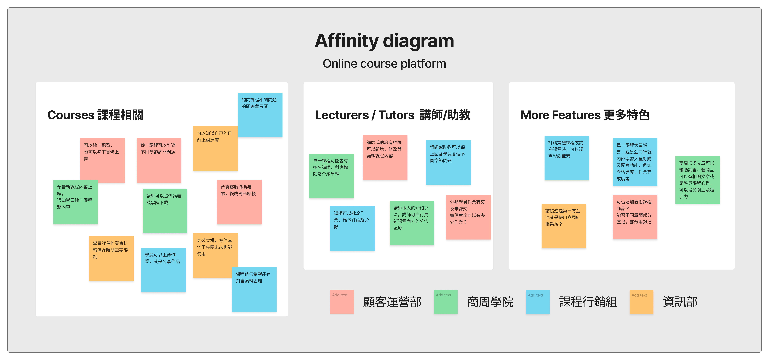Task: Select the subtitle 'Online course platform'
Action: coord(384,64)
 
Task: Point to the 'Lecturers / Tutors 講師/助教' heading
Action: coord(393,115)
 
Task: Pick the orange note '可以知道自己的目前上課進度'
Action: coord(215,149)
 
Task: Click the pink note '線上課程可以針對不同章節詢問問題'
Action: coord(159,160)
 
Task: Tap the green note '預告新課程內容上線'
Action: coord(76,202)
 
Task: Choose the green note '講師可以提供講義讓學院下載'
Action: coord(165,211)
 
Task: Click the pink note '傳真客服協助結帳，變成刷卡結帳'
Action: coord(239,202)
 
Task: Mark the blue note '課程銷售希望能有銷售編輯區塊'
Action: coord(254,289)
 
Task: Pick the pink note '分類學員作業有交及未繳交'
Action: coord(468,217)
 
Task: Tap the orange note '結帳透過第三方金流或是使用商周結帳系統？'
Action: coord(564,226)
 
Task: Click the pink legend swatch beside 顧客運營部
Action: coord(342,302)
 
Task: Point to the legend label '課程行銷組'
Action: coord(588,302)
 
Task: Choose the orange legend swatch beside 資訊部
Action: coord(641,302)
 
